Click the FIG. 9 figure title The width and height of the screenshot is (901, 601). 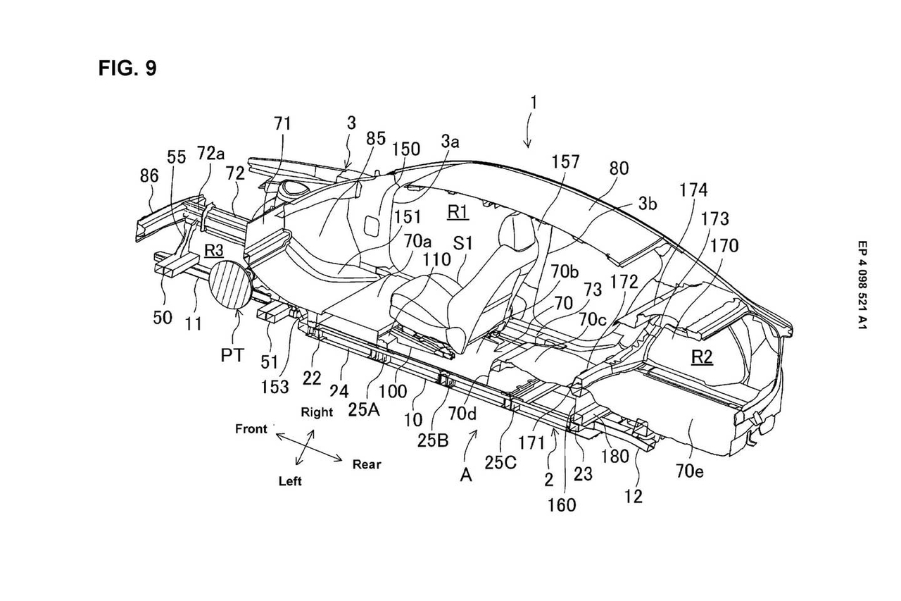pos(127,68)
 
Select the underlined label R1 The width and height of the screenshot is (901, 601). pos(458,212)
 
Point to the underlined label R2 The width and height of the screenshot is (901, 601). pos(702,357)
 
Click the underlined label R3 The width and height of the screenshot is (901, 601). pos(213,250)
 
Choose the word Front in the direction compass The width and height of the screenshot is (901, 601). pos(251,428)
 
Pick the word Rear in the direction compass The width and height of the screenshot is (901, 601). pos(367,464)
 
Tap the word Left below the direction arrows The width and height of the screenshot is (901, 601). pos(290,481)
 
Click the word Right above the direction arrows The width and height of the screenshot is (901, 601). pos(317,411)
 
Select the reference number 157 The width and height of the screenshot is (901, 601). pos(565,162)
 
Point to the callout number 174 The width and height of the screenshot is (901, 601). pos(693,190)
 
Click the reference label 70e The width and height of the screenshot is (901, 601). pos(689,471)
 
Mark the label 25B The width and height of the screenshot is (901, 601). pos(433,441)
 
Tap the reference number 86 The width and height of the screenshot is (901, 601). pos(149,175)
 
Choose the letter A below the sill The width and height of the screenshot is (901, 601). pos(466,476)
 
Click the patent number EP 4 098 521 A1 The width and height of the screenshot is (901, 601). pos(862,285)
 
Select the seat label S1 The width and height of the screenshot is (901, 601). pos(463,243)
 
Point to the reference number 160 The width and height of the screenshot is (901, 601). pos(562,504)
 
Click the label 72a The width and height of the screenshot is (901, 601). pos(210,153)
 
